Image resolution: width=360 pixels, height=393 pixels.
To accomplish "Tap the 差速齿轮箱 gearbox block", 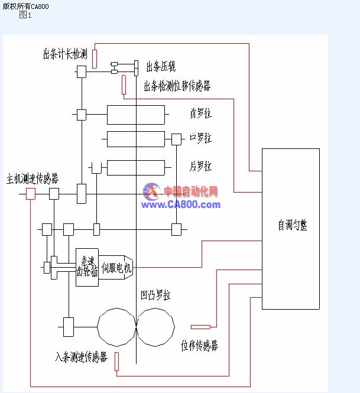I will pyautogui.click(x=87, y=267).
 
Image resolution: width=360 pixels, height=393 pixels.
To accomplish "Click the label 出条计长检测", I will pyautogui.click(x=64, y=54).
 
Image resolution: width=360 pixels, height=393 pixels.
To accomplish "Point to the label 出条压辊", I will pyautogui.click(x=161, y=66).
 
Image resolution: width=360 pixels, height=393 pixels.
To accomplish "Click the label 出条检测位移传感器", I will pyautogui.click(x=177, y=86).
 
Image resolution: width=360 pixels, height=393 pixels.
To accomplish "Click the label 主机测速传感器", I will pyautogui.click(x=33, y=178).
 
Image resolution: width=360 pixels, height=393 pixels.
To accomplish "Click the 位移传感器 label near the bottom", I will pyautogui.click(x=199, y=346).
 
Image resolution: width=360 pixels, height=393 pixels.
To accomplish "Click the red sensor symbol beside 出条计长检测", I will pyautogui.click(x=95, y=59).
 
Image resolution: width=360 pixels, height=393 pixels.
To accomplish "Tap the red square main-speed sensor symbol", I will pyautogui.click(x=31, y=193).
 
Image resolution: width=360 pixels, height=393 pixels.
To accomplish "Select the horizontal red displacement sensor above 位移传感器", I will pyautogui.click(x=200, y=326).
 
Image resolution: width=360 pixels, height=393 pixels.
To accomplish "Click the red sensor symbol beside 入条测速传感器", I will pyautogui.click(x=116, y=361).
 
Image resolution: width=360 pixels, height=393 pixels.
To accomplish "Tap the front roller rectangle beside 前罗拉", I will pyautogui.click(x=135, y=114).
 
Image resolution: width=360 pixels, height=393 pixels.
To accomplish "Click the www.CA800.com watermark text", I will pyautogui.click(x=180, y=204).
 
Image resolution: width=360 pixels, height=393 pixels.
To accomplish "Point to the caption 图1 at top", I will pyautogui.click(x=25, y=15).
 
